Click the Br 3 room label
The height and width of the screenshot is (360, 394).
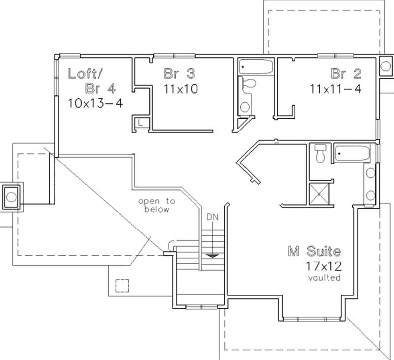pyautogui.click(x=179, y=74)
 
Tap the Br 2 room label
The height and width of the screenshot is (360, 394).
pyautogui.click(x=346, y=74)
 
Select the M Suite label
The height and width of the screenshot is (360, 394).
pyautogui.click(x=314, y=252)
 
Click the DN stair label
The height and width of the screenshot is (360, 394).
pyautogui.click(x=213, y=217)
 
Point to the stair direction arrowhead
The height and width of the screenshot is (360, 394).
pyautogui.click(x=213, y=255)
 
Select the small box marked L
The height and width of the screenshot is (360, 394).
pyautogui.click(x=141, y=122)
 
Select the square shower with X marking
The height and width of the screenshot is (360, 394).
pyautogui.click(x=319, y=194)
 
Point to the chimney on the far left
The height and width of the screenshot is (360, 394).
pyautogui.click(x=11, y=197)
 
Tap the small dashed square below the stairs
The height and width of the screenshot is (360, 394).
pyautogui.click(x=122, y=286)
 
